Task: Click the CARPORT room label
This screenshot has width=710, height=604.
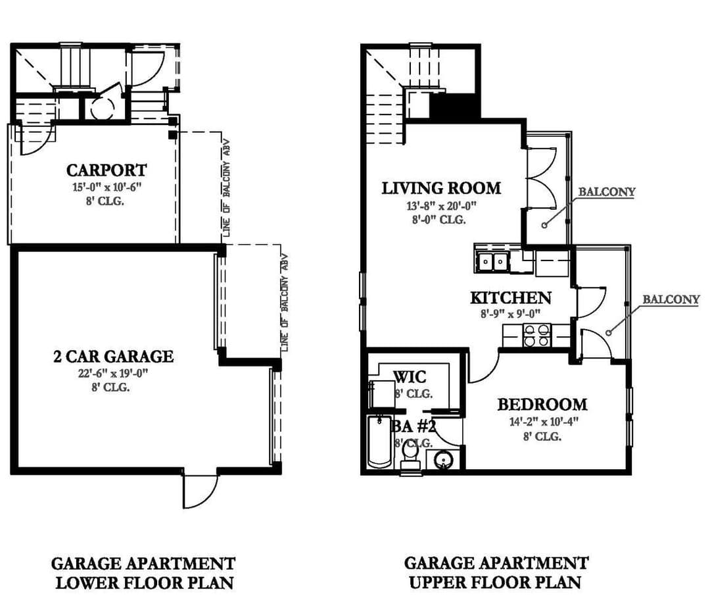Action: tap(106, 170)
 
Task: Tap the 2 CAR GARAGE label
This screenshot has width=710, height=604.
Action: tap(113, 356)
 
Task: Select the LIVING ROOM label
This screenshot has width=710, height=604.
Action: tap(441, 188)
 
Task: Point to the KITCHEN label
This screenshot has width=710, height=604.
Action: tap(511, 297)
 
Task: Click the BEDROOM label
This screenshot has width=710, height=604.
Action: tap(542, 404)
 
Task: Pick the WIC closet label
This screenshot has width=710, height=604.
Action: tap(410, 376)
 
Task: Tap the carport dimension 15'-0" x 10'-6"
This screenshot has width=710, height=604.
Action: tap(107, 187)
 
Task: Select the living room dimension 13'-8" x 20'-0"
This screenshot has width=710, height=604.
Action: tap(442, 206)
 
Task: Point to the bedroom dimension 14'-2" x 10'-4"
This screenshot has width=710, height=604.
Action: tap(544, 422)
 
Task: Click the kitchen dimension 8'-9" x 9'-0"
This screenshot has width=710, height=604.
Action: tap(511, 314)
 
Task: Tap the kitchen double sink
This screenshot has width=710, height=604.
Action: tap(492, 261)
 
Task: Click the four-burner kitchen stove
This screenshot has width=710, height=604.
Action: tap(536, 336)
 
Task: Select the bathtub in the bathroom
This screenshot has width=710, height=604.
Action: tap(379, 441)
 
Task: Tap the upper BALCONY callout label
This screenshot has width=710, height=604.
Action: tap(607, 191)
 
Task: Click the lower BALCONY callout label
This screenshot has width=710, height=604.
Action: tap(671, 299)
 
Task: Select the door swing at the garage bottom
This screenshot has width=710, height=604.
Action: tap(199, 491)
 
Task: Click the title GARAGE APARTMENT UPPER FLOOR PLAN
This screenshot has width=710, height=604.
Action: tap(496, 572)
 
